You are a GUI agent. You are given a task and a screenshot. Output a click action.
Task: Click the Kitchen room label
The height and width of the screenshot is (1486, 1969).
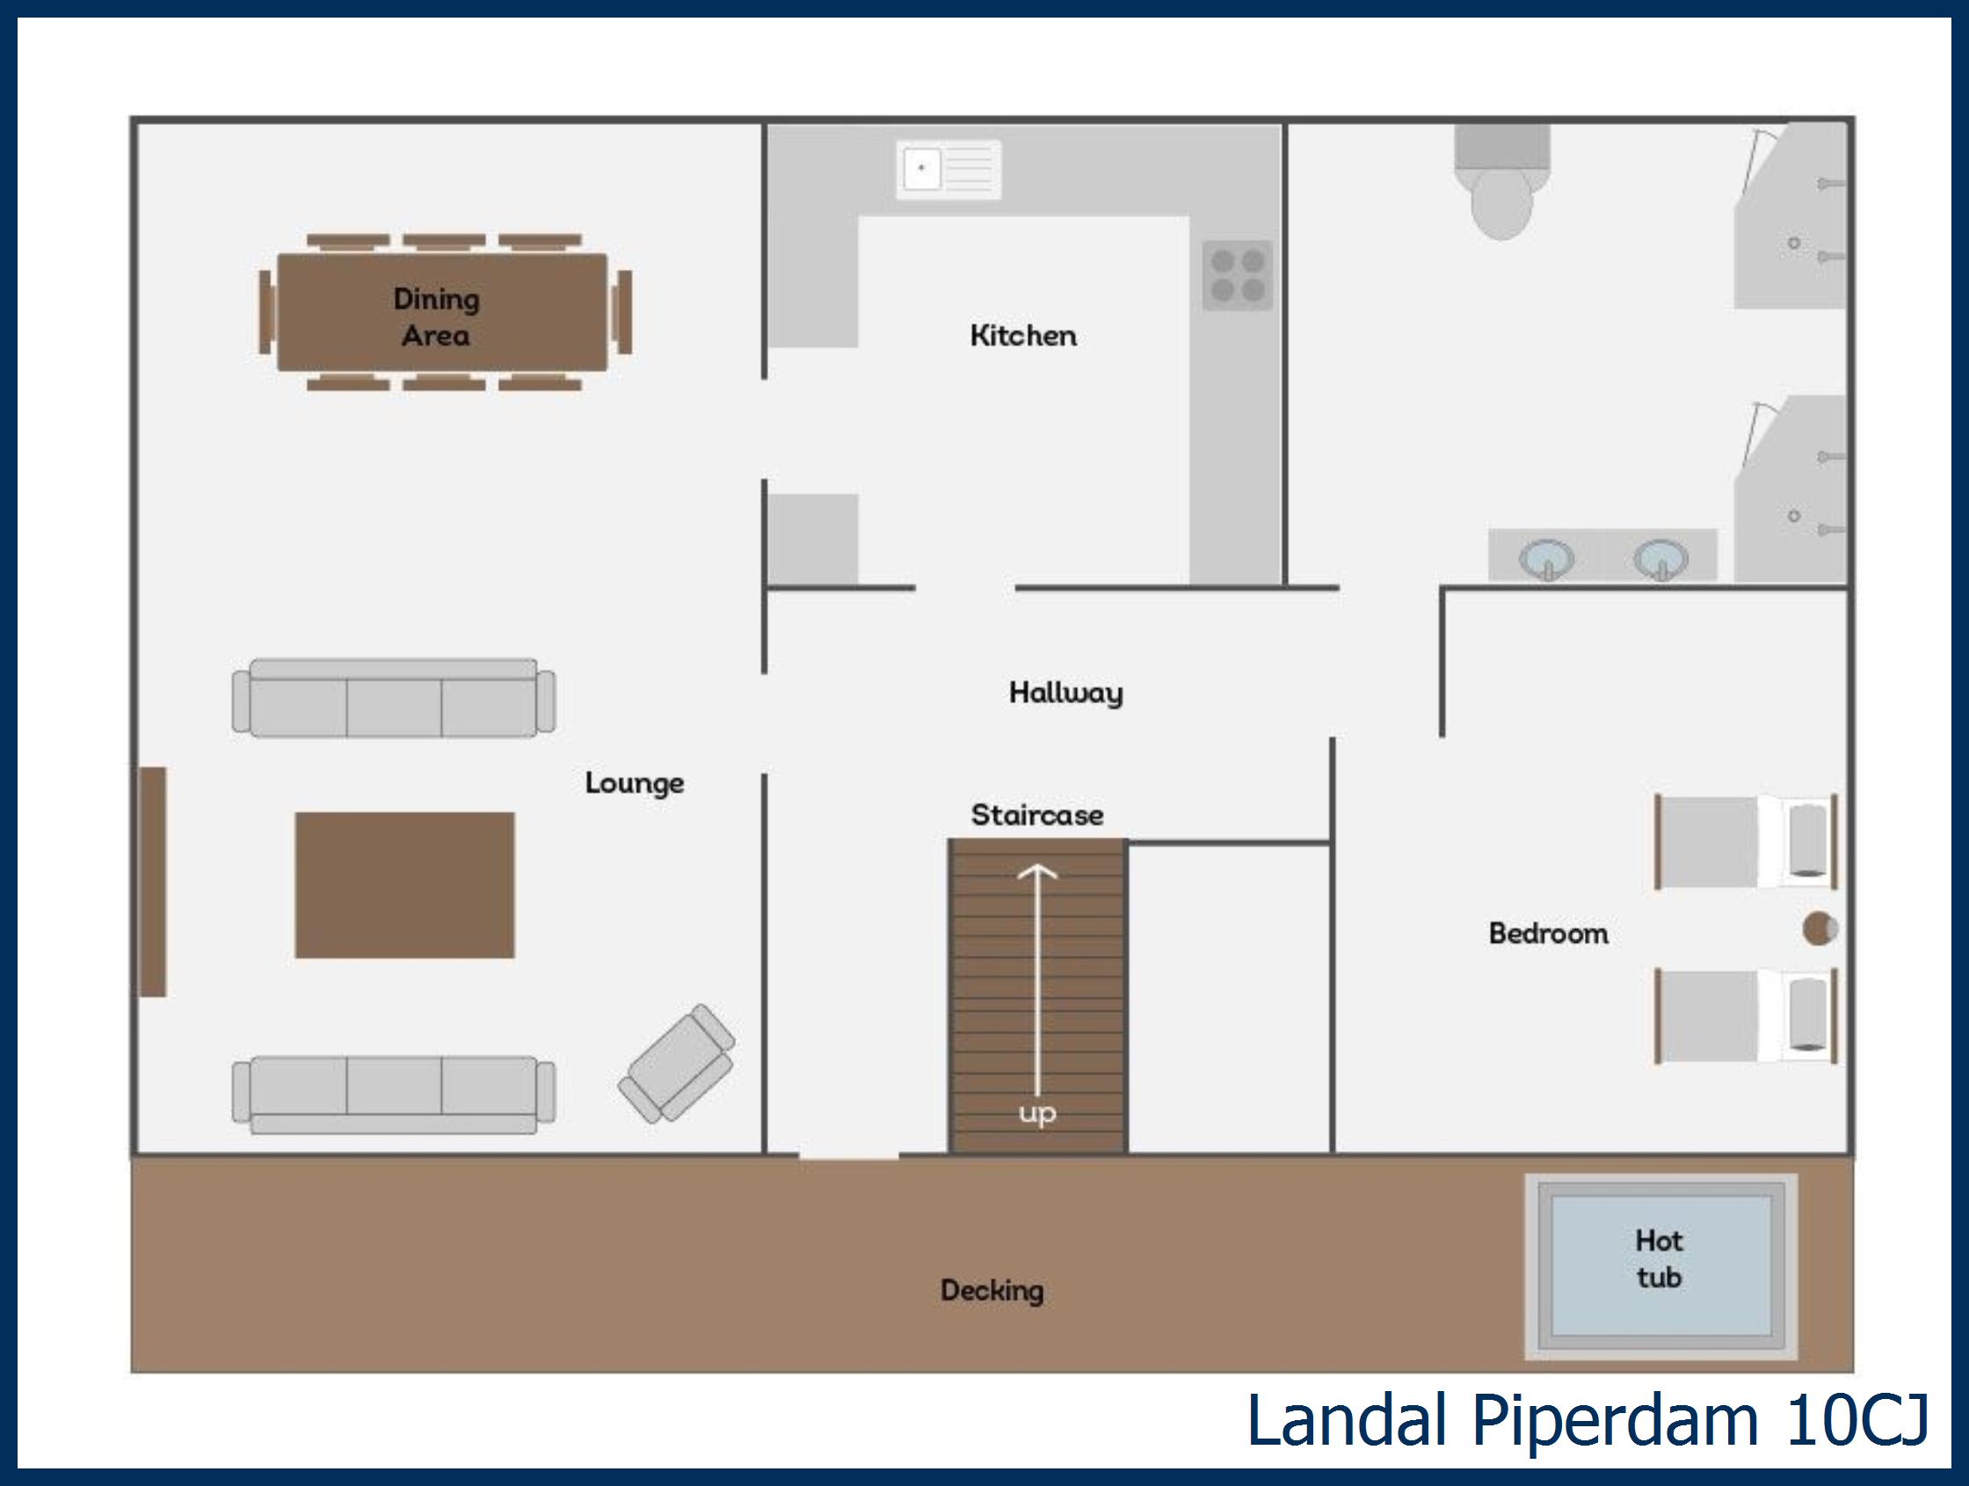[1023, 336]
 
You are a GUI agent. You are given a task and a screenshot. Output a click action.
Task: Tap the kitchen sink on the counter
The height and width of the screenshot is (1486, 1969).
[948, 169]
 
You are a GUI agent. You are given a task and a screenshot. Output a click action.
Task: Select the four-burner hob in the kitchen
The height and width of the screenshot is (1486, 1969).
[1238, 275]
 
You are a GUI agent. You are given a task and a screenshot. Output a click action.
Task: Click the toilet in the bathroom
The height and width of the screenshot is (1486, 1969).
[1501, 183]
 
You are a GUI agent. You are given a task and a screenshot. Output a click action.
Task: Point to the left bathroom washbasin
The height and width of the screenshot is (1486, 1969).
[1546, 560]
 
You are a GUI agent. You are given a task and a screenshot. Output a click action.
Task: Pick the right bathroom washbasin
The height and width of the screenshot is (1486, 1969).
[1660, 560]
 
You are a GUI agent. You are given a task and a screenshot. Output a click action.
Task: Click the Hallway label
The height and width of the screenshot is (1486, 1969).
[1065, 693]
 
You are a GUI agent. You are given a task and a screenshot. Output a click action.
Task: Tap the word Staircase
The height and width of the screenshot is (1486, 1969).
[1037, 815]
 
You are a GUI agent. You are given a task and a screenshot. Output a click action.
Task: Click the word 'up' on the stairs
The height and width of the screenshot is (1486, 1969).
[1038, 1113]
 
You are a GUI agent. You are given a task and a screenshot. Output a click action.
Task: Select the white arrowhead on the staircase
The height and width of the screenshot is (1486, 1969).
[1037, 872]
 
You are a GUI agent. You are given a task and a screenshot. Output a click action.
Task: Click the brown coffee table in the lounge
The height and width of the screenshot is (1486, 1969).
[405, 884]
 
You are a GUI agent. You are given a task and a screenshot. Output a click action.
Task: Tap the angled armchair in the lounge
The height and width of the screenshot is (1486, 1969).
[678, 1063]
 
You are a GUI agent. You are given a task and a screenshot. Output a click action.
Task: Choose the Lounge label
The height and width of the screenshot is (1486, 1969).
[635, 783]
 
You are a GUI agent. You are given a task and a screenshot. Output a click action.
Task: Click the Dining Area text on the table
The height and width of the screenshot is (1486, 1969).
[436, 316]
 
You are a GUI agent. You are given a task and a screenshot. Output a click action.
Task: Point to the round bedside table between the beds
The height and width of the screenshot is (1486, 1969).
[1820, 929]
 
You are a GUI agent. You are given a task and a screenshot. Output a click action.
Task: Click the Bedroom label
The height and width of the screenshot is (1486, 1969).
[1548, 932]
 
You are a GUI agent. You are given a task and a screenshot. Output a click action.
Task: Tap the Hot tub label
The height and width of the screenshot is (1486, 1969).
[1660, 1258]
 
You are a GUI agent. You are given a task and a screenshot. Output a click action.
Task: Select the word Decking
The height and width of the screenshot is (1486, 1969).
[992, 1290]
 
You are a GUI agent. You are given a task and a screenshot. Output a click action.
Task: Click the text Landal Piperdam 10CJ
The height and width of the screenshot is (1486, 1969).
[1587, 1421]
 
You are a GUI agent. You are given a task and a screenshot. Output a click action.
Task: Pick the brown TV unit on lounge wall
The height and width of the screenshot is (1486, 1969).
[152, 881]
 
